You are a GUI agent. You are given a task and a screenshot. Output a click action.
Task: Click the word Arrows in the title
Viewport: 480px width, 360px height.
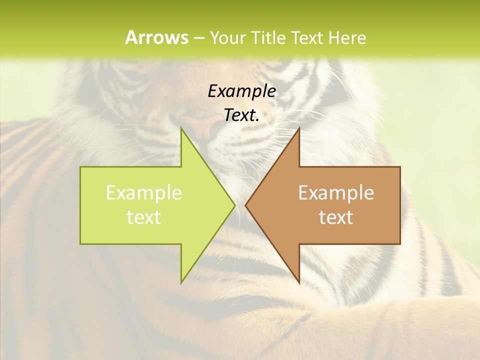pyautogui.click(x=156, y=37)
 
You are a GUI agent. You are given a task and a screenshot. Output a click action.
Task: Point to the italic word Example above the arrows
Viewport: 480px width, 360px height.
pyautogui.click(x=241, y=91)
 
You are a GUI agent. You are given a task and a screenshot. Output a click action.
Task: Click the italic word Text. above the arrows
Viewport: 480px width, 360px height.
pyautogui.click(x=241, y=115)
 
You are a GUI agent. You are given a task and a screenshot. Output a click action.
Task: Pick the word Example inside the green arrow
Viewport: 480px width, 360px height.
pyautogui.click(x=143, y=192)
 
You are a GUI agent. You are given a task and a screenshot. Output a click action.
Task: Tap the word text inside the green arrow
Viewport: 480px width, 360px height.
pyautogui.click(x=143, y=217)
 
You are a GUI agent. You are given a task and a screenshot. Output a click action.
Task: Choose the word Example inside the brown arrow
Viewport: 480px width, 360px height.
pyautogui.click(x=336, y=192)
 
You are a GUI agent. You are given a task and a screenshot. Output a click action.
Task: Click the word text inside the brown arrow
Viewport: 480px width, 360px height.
pyautogui.click(x=336, y=217)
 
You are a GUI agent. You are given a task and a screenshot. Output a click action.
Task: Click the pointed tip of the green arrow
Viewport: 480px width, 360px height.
pyautogui.click(x=234, y=205)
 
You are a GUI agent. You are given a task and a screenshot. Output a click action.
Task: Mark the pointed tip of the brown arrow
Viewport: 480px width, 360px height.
pyautogui.click(x=246, y=205)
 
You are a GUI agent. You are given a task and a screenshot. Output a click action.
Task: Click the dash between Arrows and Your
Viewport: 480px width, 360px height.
pyautogui.click(x=198, y=38)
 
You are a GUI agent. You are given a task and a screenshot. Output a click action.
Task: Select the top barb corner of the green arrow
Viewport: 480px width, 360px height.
pyautogui.click(x=181, y=129)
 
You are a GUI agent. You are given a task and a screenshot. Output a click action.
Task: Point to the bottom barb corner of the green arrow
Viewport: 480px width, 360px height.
pyautogui.click(x=181, y=282)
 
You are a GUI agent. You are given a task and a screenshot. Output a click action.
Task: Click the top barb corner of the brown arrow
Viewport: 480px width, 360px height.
pyautogui.click(x=299, y=129)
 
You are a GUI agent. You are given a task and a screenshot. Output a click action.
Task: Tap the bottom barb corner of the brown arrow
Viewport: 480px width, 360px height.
pyautogui.click(x=299, y=282)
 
